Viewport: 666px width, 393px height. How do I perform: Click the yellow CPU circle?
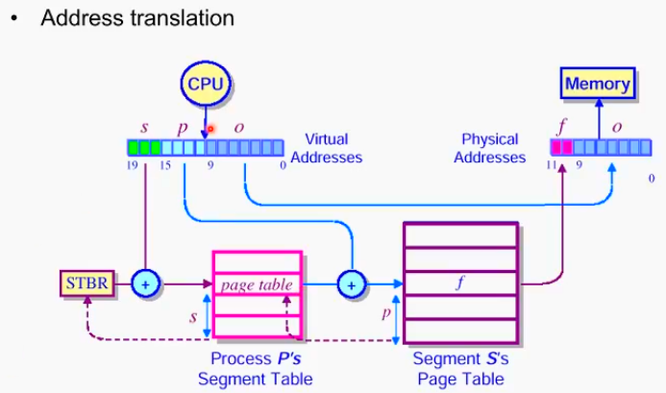click(x=205, y=84)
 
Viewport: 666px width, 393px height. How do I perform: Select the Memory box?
click(x=597, y=84)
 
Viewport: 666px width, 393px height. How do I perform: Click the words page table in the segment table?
click(x=257, y=284)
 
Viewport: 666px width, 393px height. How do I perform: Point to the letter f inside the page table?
click(x=460, y=283)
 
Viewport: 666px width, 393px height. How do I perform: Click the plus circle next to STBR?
click(x=145, y=284)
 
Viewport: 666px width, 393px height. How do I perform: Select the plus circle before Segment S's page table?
click(x=352, y=284)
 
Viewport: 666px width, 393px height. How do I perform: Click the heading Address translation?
click(x=136, y=18)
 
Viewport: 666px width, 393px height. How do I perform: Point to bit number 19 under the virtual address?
click(x=134, y=166)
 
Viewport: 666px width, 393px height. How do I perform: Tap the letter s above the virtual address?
click(x=144, y=126)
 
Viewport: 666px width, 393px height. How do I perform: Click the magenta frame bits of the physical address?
click(x=561, y=147)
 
